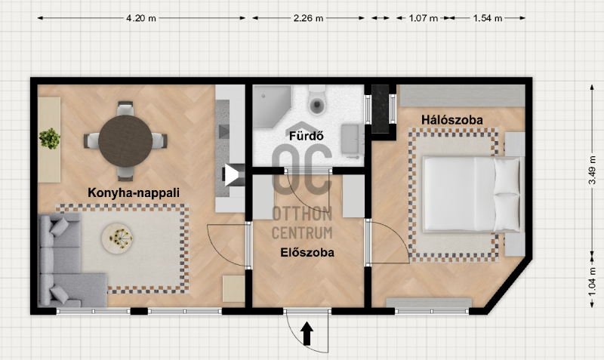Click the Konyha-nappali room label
[134, 192]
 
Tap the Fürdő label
[307, 136]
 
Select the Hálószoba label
[451, 120]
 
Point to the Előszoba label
[307, 253]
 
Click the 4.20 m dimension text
[141, 18]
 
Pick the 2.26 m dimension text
[308, 18]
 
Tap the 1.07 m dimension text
[423, 18]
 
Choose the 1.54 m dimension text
[488, 18]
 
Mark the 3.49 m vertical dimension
[593, 170]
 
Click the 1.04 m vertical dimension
[593, 282]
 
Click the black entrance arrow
[307, 334]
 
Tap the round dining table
[125, 141]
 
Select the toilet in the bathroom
[316, 100]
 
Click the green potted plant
[50, 139]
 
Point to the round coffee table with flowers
[118, 238]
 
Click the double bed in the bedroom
[473, 194]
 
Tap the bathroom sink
[351, 139]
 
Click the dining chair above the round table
[125, 108]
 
